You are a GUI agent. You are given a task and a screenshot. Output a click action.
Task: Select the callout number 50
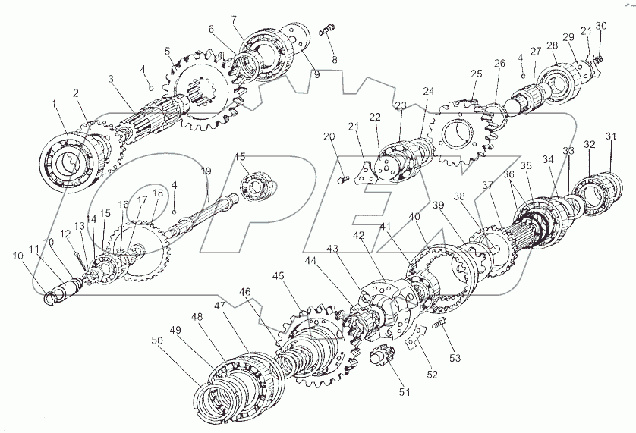tap(158, 342)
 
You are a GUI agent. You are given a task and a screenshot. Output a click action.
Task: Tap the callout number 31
tap(612, 136)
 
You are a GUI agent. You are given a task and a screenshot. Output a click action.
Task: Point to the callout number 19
tap(205, 171)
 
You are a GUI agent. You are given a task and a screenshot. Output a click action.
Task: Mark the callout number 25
tap(476, 74)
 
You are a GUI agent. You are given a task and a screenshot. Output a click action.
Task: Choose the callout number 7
tap(234, 19)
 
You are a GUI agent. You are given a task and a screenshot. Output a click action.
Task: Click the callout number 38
tap(459, 196)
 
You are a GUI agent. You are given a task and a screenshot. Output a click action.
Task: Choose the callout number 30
tap(601, 26)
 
